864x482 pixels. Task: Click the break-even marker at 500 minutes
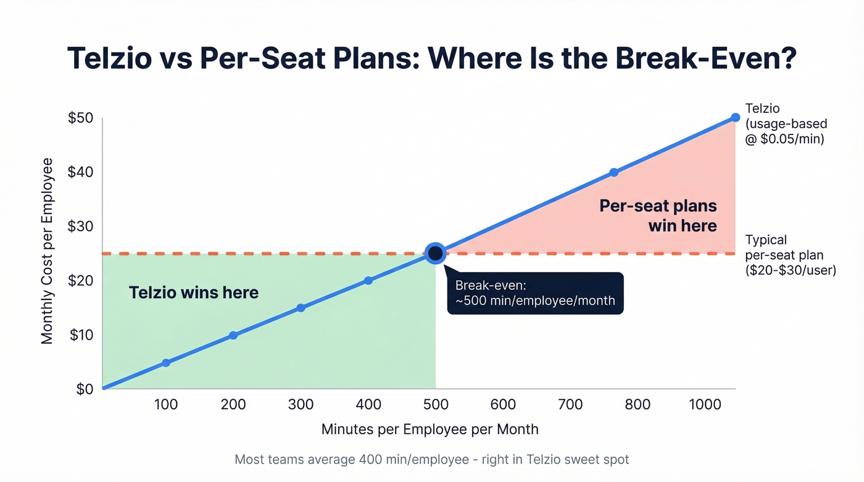pyautogui.click(x=435, y=253)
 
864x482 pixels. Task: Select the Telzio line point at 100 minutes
pyautogui.click(x=166, y=363)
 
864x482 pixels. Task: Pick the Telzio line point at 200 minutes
pyautogui.click(x=233, y=335)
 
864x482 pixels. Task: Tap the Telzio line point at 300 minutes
pyautogui.click(x=301, y=308)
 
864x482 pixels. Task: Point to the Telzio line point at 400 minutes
pyautogui.click(x=368, y=280)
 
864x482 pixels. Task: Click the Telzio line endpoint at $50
pyautogui.click(x=735, y=117)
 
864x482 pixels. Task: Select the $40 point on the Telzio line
pyautogui.click(x=613, y=173)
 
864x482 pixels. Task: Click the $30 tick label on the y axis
pyautogui.click(x=81, y=226)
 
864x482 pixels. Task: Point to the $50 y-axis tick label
pyautogui.click(x=81, y=118)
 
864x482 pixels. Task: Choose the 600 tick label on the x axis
pyautogui.click(x=503, y=404)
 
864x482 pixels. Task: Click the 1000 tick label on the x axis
pyautogui.click(x=705, y=404)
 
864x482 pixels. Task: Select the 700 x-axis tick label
pyautogui.click(x=570, y=404)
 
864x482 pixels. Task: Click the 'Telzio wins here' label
pyautogui.click(x=194, y=293)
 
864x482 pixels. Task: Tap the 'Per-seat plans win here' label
pyautogui.click(x=658, y=215)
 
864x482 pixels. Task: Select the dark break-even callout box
pyautogui.click(x=535, y=294)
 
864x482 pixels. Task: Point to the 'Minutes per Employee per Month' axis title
pyautogui.click(x=430, y=430)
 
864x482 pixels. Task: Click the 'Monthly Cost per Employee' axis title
pyautogui.click(x=48, y=251)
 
